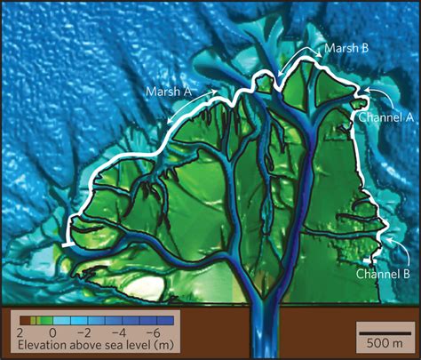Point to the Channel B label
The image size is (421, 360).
click(383, 274)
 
